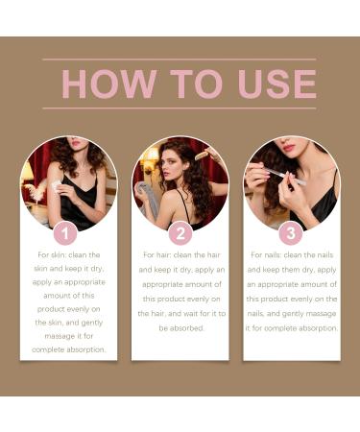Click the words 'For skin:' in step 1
point(55,255)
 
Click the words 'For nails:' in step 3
point(272,255)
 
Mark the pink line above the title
point(180,60)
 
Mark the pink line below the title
point(180,108)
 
